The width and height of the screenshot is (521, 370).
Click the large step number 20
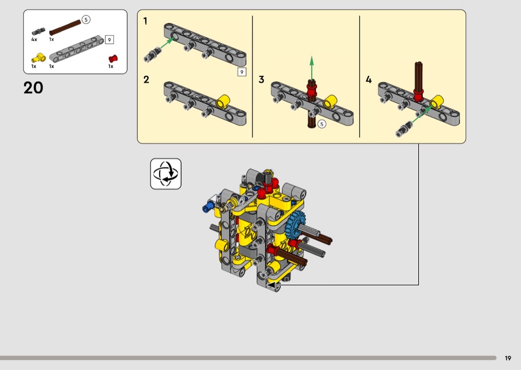33,88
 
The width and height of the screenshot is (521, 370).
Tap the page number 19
508,358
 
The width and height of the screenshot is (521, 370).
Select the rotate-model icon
166,174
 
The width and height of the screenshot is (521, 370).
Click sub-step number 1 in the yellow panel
145,21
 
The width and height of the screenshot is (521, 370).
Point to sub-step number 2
146,80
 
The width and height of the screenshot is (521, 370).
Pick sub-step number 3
261,80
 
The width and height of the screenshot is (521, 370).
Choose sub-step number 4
369,80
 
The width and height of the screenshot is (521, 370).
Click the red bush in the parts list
113,59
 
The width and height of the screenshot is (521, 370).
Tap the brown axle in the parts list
65,28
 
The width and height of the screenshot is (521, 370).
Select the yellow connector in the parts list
39,58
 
